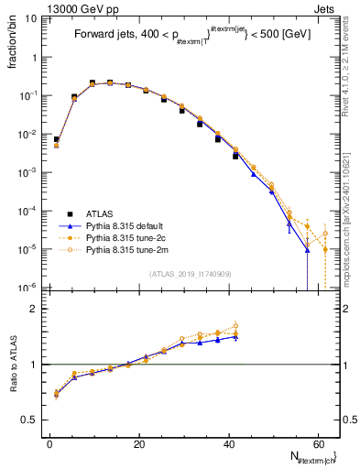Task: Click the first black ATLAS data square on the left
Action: coord(56,139)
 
